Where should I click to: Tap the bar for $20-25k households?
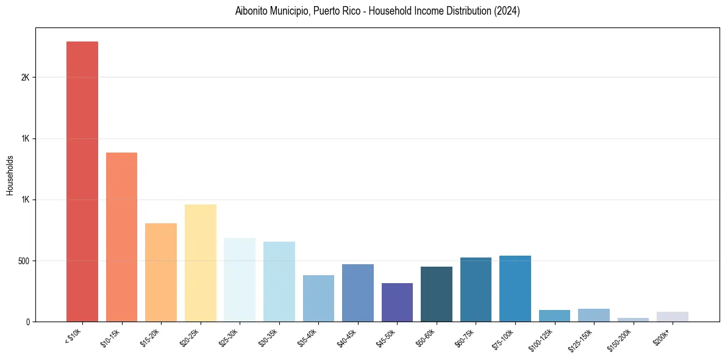point(200,263)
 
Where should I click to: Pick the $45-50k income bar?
point(397,302)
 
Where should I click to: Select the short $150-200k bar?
point(633,319)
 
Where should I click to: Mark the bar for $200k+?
point(673,317)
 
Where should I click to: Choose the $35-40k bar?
point(318,298)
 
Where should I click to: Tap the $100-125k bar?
point(554,315)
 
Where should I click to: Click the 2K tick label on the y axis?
point(25,77)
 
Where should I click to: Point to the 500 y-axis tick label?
point(23,261)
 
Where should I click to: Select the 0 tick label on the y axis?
point(27,322)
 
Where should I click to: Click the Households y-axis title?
point(10,175)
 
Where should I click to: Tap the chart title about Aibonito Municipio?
point(377,11)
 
